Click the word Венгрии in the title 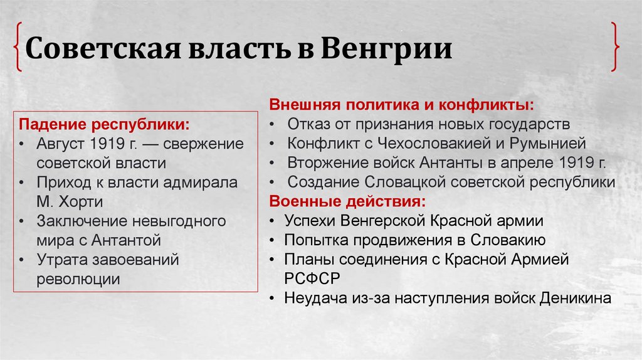tap(387, 49)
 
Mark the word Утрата tap(61, 260)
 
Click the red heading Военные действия tap(347, 201)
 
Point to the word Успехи tap(309, 221)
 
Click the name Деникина tap(575, 298)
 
